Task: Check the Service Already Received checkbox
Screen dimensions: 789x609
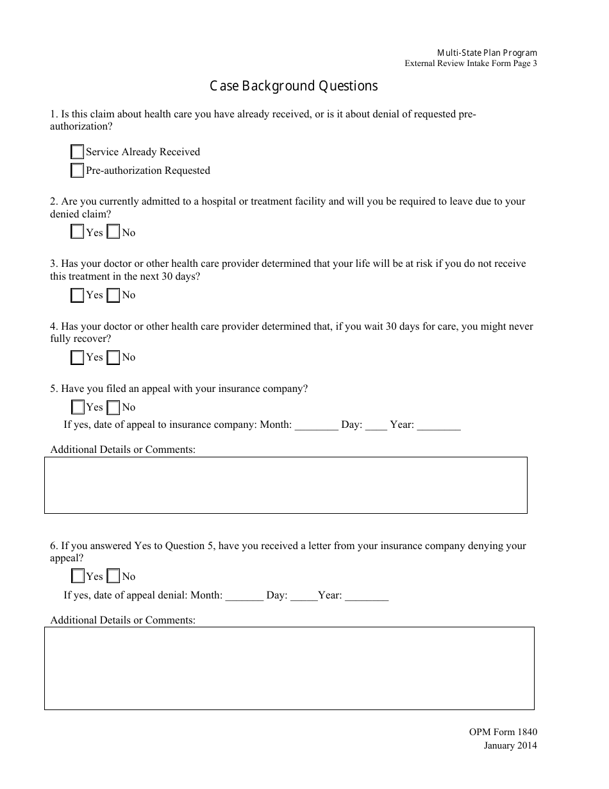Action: pos(77,152)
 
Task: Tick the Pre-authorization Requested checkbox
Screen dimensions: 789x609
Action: pos(77,171)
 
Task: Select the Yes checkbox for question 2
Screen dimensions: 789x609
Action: pos(77,232)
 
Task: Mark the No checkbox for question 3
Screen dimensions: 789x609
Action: pos(113,295)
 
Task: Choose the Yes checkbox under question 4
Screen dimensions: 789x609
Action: pos(77,357)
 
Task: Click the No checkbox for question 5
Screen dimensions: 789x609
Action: pos(113,407)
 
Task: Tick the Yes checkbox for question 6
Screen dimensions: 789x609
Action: pos(77,576)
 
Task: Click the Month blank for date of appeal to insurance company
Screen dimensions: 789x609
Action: pos(316,425)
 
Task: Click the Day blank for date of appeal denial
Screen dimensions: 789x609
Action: pos(304,596)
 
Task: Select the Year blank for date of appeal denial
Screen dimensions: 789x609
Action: pos(367,596)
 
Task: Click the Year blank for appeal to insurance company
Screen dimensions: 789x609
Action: pos(438,425)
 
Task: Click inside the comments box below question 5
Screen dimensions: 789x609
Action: pos(285,485)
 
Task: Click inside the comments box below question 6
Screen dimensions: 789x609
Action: pos(288,668)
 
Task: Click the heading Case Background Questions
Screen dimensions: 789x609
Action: pos(294,86)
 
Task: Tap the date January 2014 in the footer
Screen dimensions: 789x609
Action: pos(510,745)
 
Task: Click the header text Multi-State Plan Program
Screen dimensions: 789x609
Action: pos(487,53)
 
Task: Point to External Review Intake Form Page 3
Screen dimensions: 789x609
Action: pos(471,64)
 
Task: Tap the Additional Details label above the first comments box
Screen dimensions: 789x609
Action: pos(122,450)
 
